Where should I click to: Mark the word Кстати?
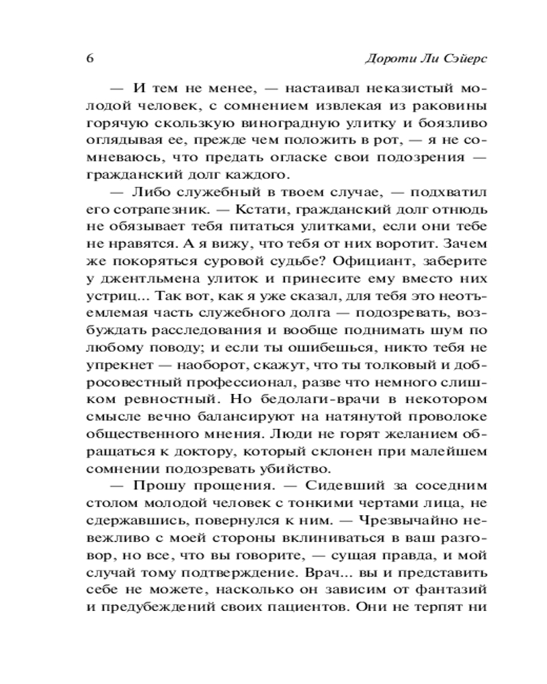click(x=224, y=205)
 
